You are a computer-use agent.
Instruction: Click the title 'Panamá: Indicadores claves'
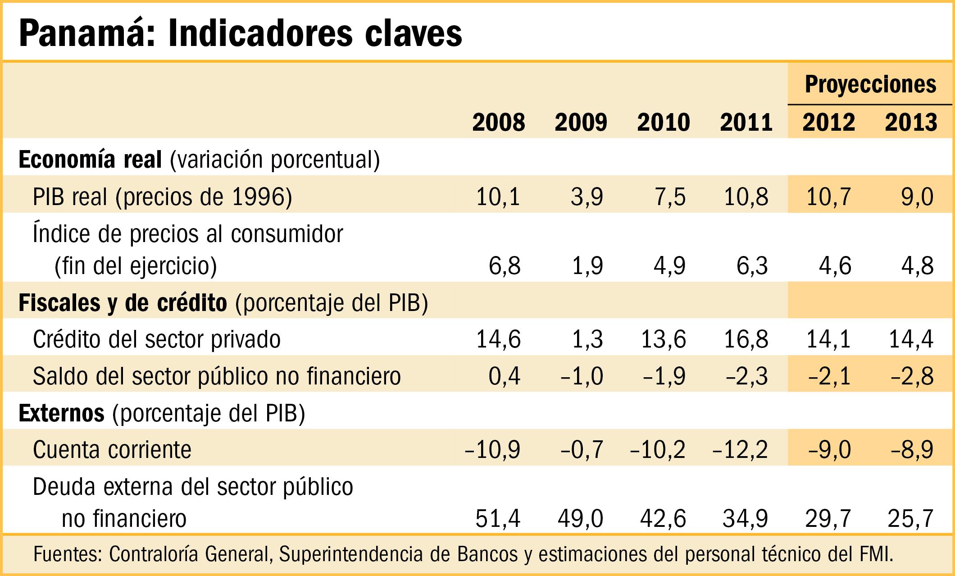coord(241,33)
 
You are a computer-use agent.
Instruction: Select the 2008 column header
coord(499,122)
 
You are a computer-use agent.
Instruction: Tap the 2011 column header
coord(746,122)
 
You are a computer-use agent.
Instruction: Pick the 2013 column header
coord(911,122)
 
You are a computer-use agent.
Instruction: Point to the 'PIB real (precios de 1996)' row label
coord(163,197)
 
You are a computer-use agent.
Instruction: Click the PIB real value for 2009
coord(587,197)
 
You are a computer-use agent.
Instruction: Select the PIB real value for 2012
coord(828,197)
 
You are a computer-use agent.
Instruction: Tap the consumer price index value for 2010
coord(669,266)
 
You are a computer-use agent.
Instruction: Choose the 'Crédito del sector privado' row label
coord(157,339)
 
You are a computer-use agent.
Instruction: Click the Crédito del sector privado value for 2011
coord(746,339)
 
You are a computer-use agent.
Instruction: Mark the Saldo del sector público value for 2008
coord(505,376)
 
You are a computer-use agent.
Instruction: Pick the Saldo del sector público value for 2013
coord(912,376)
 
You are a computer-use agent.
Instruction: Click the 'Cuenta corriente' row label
coord(112,450)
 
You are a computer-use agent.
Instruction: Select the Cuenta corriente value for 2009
coord(582,450)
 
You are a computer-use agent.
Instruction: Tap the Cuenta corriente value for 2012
coord(830,450)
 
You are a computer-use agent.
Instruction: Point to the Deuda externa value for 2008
coord(498,519)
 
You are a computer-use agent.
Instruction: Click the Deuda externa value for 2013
coord(911,519)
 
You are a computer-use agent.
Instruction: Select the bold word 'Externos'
coord(62,413)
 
